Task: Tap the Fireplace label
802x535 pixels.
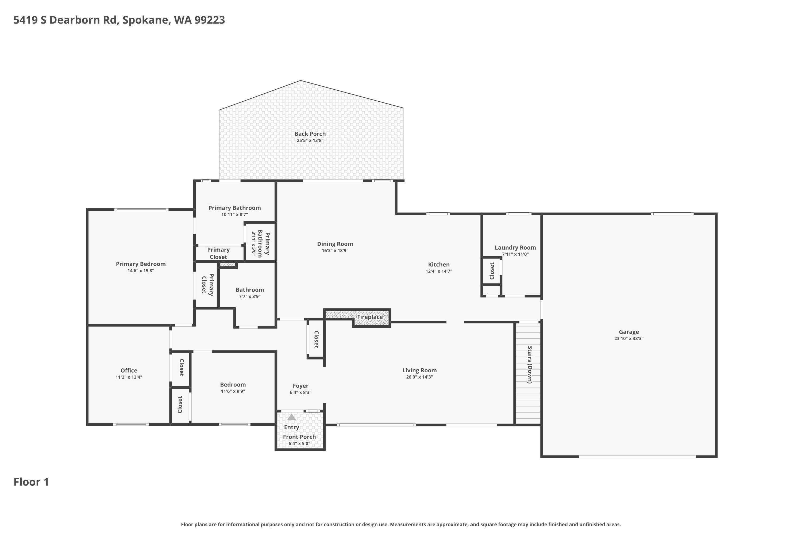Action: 370,317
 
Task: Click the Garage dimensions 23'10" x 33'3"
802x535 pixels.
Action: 629,338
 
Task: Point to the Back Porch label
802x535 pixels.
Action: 310,134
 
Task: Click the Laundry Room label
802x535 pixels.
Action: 515,248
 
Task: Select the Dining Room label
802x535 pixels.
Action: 335,244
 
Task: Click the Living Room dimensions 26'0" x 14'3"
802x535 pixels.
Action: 419,377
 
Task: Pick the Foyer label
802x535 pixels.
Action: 300,386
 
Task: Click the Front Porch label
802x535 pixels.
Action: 299,437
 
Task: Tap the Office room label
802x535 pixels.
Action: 129,370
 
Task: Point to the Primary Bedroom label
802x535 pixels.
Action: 141,264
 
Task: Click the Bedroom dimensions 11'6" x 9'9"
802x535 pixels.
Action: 233,391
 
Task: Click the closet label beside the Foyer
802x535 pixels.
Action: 316,339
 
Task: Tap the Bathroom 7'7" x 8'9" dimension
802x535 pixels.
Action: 250,296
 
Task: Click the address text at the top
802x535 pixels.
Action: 119,20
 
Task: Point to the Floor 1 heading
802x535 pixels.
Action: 31,482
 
